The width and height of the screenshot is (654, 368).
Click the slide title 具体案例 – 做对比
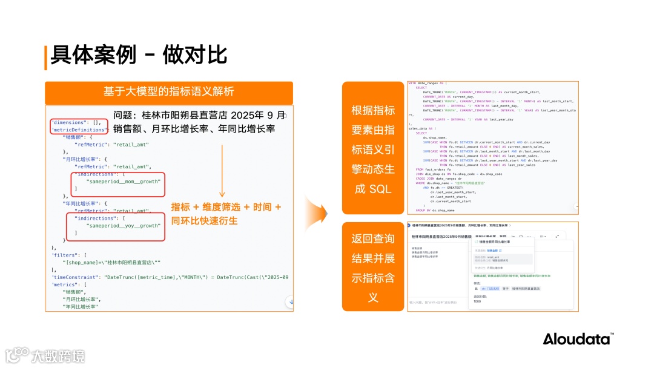(x=139, y=55)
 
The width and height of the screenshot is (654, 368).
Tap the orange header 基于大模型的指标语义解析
(x=168, y=92)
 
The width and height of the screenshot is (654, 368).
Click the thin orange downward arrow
(x=222, y=169)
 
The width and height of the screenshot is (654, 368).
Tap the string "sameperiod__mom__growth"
(x=124, y=181)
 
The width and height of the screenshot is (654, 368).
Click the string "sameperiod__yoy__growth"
(x=124, y=225)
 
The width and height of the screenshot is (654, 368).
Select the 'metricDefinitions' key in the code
(x=79, y=130)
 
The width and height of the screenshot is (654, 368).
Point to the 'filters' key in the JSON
(x=65, y=255)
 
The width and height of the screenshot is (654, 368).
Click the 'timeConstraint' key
(x=75, y=277)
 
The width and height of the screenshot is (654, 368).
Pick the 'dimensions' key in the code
(x=70, y=122)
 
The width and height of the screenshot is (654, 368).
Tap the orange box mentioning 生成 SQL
(x=372, y=149)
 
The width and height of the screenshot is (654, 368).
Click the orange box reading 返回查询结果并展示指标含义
(x=372, y=267)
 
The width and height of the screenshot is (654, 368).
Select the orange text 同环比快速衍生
(x=204, y=221)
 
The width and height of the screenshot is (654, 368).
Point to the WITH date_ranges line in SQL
(x=428, y=84)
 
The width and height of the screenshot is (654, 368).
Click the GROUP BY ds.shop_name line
(x=435, y=210)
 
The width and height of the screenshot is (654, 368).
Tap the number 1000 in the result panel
(x=477, y=301)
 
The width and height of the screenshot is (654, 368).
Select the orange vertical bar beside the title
(x=45, y=57)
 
